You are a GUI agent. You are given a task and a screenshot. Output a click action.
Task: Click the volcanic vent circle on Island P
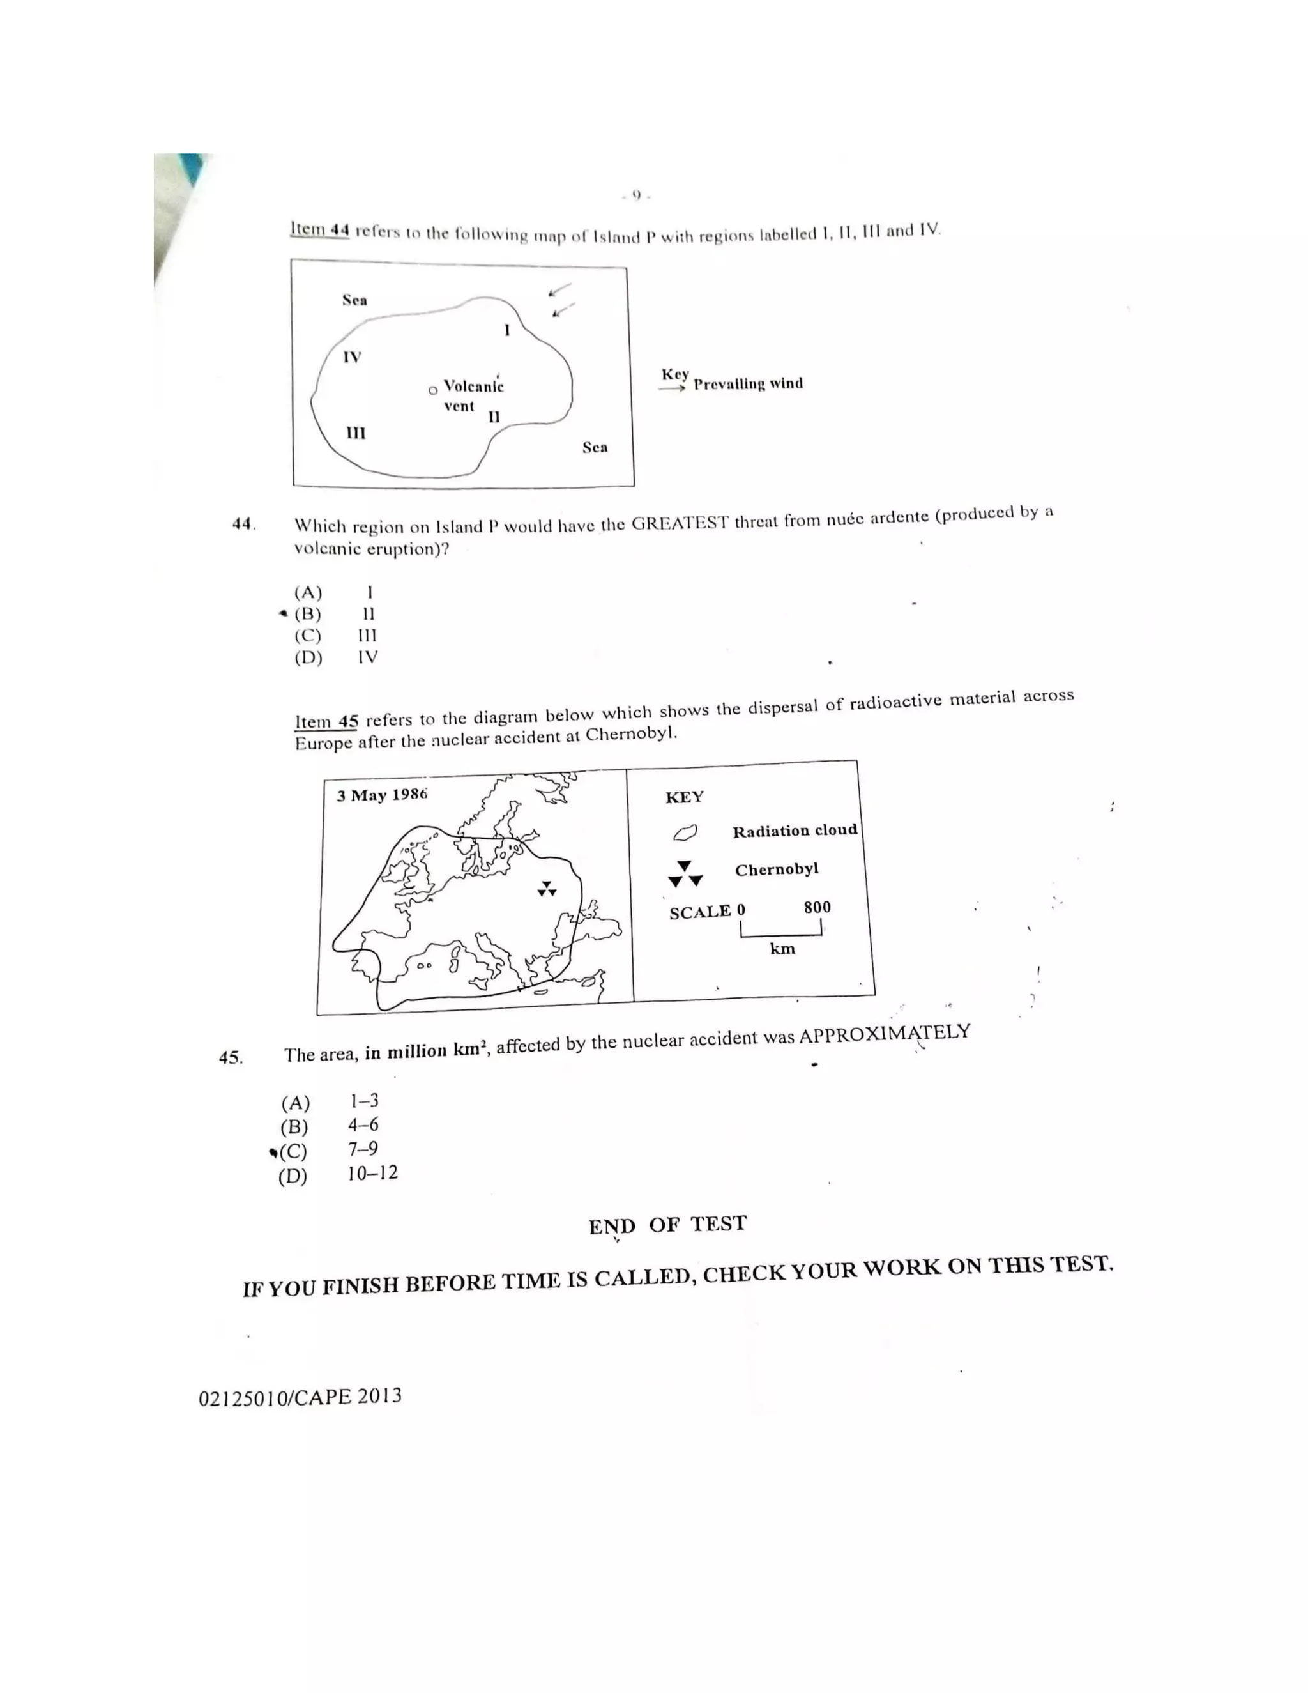tap(433, 390)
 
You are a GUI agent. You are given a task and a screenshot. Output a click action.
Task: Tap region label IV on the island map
tap(352, 357)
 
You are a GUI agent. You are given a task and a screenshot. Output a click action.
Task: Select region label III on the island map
tap(356, 433)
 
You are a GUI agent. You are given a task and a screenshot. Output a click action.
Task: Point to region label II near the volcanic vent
tap(494, 417)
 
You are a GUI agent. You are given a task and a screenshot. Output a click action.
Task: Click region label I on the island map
tap(506, 330)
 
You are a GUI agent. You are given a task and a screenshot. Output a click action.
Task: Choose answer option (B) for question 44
tap(308, 614)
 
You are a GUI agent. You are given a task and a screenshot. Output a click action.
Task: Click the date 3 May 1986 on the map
tap(382, 795)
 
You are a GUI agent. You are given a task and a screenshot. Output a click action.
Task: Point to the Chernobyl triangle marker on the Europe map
tap(547, 889)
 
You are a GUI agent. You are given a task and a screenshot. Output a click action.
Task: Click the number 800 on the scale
tap(817, 907)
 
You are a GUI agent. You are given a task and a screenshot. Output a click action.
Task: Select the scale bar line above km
tap(780, 933)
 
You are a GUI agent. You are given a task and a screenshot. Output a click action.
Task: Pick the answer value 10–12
tap(372, 1173)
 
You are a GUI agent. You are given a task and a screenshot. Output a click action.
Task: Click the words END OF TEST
tap(667, 1225)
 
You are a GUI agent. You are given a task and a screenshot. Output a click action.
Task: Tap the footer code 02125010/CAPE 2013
tap(300, 1397)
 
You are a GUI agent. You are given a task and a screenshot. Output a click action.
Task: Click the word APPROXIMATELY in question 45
tap(884, 1034)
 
